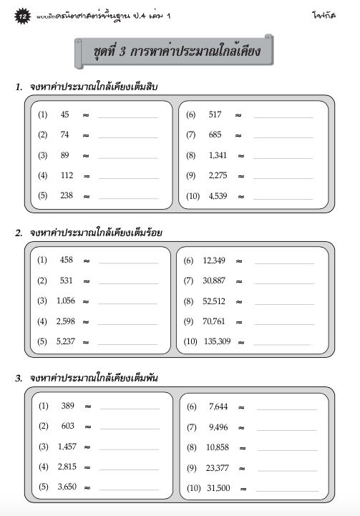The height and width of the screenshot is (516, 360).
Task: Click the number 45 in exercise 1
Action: (x=65, y=115)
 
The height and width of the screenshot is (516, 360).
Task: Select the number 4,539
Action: (x=218, y=195)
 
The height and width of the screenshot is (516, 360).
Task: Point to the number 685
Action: (x=215, y=135)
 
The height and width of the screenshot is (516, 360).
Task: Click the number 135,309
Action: (x=217, y=341)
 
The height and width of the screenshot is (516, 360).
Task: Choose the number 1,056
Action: (x=67, y=301)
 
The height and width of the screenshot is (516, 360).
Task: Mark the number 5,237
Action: (x=67, y=341)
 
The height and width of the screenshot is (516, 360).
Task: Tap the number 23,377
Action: (x=218, y=467)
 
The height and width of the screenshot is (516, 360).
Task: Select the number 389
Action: (x=67, y=406)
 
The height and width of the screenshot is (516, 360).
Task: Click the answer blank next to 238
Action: (x=127, y=197)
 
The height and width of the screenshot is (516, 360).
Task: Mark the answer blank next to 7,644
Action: (x=286, y=408)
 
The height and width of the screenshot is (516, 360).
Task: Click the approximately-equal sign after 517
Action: (x=238, y=115)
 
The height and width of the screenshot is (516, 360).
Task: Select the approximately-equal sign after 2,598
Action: (x=86, y=322)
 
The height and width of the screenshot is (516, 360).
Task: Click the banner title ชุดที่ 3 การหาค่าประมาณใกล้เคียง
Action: (x=175, y=53)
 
